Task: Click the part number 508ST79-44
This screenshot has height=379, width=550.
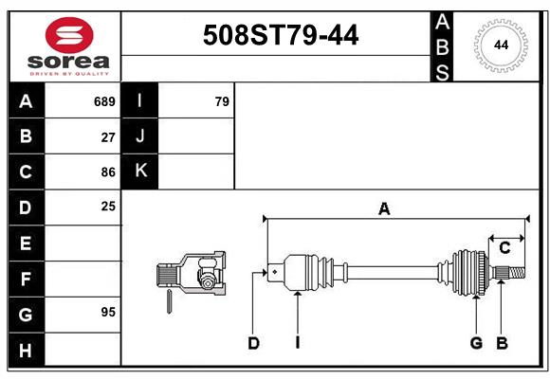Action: pos(282,36)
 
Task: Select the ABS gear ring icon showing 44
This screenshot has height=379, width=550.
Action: pos(499,45)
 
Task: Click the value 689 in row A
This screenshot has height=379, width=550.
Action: pos(104,101)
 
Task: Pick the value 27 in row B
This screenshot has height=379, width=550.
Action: pos(108,136)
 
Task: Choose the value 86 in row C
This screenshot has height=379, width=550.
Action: pos(108,171)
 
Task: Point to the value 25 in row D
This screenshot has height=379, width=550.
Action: pos(108,206)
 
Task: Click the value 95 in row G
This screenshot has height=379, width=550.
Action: pos(108,312)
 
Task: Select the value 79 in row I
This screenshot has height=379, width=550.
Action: pos(222,101)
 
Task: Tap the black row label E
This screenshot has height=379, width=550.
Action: pos(26,244)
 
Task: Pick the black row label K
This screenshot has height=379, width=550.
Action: pos(140,171)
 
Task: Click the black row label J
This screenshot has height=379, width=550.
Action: pos(140,136)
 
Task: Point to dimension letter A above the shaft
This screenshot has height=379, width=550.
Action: pos(384,209)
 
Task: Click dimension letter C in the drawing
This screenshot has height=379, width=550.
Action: pos(504,247)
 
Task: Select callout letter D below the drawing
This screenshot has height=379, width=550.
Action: pos(253,343)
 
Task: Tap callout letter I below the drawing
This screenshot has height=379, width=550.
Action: pos(297,343)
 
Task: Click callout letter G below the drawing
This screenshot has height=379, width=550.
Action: pos(476,343)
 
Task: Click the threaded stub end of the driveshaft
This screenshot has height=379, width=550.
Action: pos(511,273)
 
